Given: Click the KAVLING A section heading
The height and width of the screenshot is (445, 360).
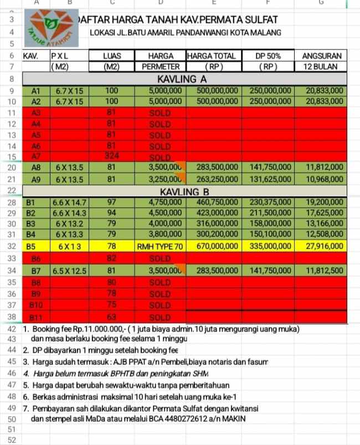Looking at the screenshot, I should tap(182, 79).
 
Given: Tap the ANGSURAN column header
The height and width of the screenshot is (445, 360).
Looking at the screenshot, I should tap(324, 56).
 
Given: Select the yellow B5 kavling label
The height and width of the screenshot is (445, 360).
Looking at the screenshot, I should tap(34, 246).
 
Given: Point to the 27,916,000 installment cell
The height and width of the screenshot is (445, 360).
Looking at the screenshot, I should tap(325, 246).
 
